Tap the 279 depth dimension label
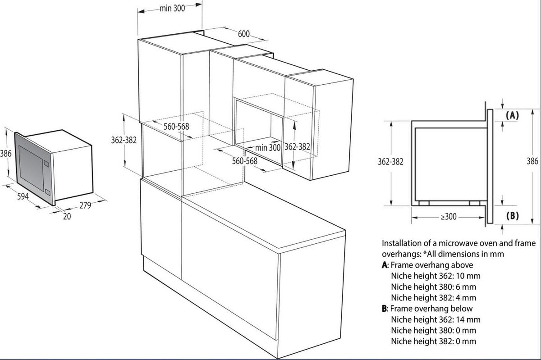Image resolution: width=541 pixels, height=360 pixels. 85,205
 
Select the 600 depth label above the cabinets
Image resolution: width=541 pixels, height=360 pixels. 244,34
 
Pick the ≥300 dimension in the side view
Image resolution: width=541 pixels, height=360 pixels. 449,217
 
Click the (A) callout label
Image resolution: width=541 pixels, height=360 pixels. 512,115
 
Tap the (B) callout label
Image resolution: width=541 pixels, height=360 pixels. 512,216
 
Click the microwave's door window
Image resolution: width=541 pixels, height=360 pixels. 30,167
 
